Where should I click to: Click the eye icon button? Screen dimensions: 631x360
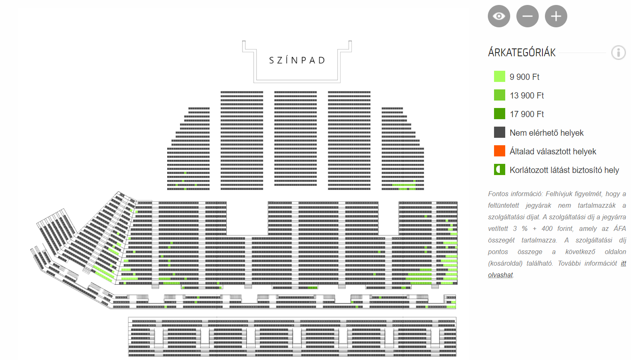click(x=499, y=16)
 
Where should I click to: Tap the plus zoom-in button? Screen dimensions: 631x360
click(x=556, y=16)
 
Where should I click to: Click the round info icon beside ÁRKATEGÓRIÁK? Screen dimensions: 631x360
click(x=618, y=53)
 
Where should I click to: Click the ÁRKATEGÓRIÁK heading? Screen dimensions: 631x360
click(x=521, y=53)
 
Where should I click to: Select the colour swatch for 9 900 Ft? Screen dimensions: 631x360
click(x=499, y=77)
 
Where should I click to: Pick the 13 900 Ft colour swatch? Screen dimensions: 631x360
click(x=499, y=95)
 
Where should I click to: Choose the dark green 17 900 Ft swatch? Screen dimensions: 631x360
click(x=499, y=114)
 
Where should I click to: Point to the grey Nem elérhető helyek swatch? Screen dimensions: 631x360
click(x=499, y=132)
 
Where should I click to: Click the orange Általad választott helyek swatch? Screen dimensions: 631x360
click(x=499, y=151)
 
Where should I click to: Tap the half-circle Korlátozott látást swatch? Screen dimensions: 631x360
click(x=499, y=170)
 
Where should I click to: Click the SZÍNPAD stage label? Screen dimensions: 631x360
click(x=297, y=60)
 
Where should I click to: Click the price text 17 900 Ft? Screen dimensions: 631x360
click(x=527, y=114)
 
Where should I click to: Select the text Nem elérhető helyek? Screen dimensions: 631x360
click(x=546, y=133)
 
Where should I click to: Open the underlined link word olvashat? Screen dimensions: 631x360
click(x=500, y=275)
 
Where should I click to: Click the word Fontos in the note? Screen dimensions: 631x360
click(x=498, y=194)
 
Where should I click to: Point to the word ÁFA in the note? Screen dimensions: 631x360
click(x=619, y=228)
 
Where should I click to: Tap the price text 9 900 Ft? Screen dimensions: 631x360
click(x=524, y=77)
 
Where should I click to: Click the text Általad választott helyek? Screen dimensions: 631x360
click(x=553, y=151)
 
